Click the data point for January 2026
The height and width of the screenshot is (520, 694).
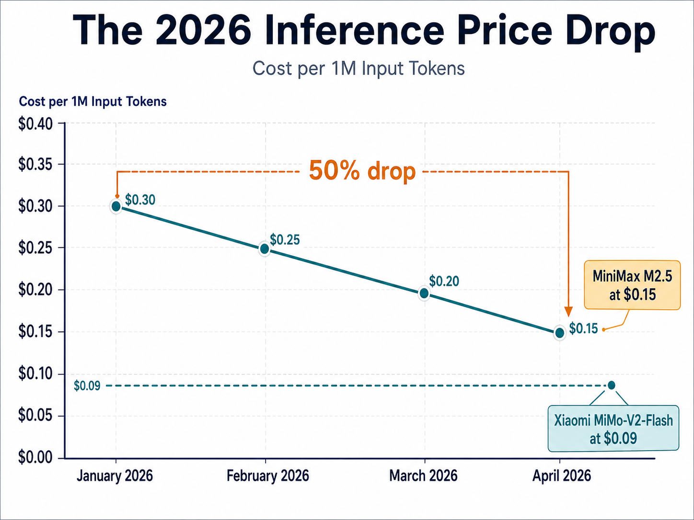point(116,206)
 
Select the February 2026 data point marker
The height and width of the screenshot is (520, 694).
point(264,249)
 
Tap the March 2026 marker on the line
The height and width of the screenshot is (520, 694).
point(424,293)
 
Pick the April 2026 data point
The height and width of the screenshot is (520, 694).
point(559,332)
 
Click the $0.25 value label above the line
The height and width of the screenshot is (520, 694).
point(285,239)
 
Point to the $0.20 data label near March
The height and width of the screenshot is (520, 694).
point(444,281)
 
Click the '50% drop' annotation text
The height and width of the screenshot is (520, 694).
point(362,171)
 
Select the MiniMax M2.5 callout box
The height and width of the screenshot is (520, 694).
point(632,285)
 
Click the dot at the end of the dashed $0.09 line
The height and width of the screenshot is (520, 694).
point(611,385)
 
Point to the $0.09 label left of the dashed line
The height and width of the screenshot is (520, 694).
point(87,386)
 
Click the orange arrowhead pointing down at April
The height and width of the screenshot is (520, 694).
point(568,311)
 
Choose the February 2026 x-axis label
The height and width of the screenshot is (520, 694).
point(267,476)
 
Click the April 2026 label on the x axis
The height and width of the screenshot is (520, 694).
point(562,476)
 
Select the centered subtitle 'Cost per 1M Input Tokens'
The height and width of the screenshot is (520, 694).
point(359,68)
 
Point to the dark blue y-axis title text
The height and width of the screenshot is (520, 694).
point(93,102)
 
